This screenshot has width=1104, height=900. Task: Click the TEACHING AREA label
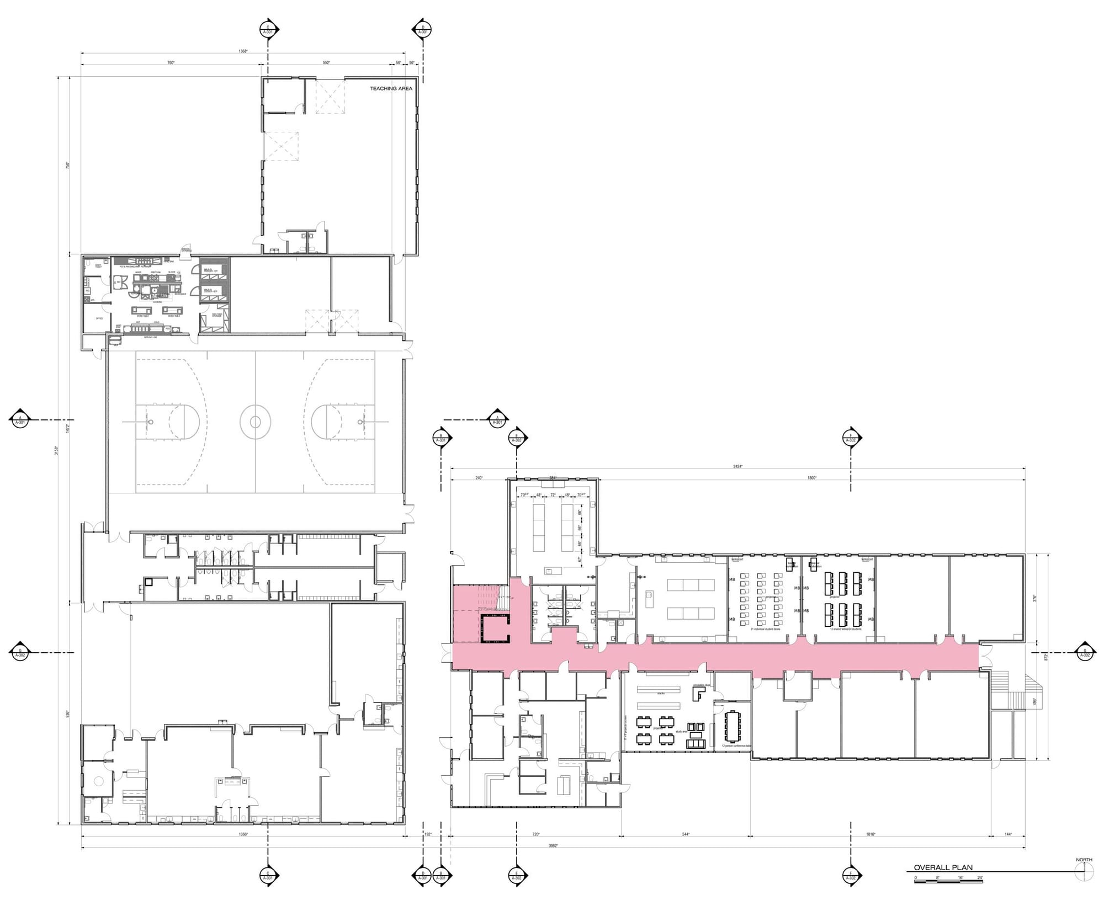(391, 88)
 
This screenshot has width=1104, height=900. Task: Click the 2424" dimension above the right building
(737, 466)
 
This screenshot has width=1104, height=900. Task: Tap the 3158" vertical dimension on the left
(56, 450)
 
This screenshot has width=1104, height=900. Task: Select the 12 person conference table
(734, 726)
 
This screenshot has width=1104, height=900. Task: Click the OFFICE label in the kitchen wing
(99, 318)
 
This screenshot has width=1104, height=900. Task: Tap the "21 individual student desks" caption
(765, 629)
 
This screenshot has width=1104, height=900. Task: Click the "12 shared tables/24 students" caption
(845, 629)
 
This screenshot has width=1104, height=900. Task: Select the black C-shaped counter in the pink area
(495, 629)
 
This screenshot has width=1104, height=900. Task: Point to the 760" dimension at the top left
(171, 63)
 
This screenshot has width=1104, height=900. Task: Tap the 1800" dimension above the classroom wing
(811, 478)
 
